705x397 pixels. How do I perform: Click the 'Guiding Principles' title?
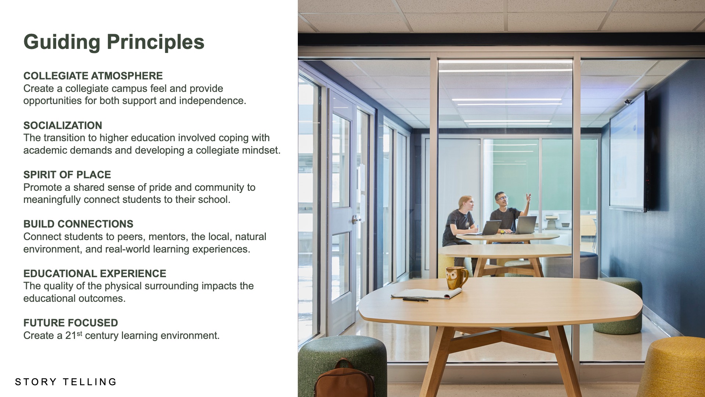coord(114,42)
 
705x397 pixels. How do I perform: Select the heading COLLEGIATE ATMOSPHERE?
coord(93,76)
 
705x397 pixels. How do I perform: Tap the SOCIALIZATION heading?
coord(63,125)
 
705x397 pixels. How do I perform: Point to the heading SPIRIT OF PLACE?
coord(67,175)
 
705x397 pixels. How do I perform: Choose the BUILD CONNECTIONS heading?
coord(78,224)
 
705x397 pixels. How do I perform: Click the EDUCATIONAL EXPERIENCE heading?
coord(95,273)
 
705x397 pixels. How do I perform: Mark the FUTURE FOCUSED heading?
coord(70,323)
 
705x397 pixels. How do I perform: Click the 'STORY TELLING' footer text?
coord(66,382)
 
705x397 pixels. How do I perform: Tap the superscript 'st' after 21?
coord(79,333)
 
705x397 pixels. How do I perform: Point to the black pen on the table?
coord(415,300)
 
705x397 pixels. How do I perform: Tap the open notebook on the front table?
coord(427,293)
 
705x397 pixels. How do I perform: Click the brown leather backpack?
coord(344,379)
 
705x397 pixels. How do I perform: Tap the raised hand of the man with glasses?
coord(528,198)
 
